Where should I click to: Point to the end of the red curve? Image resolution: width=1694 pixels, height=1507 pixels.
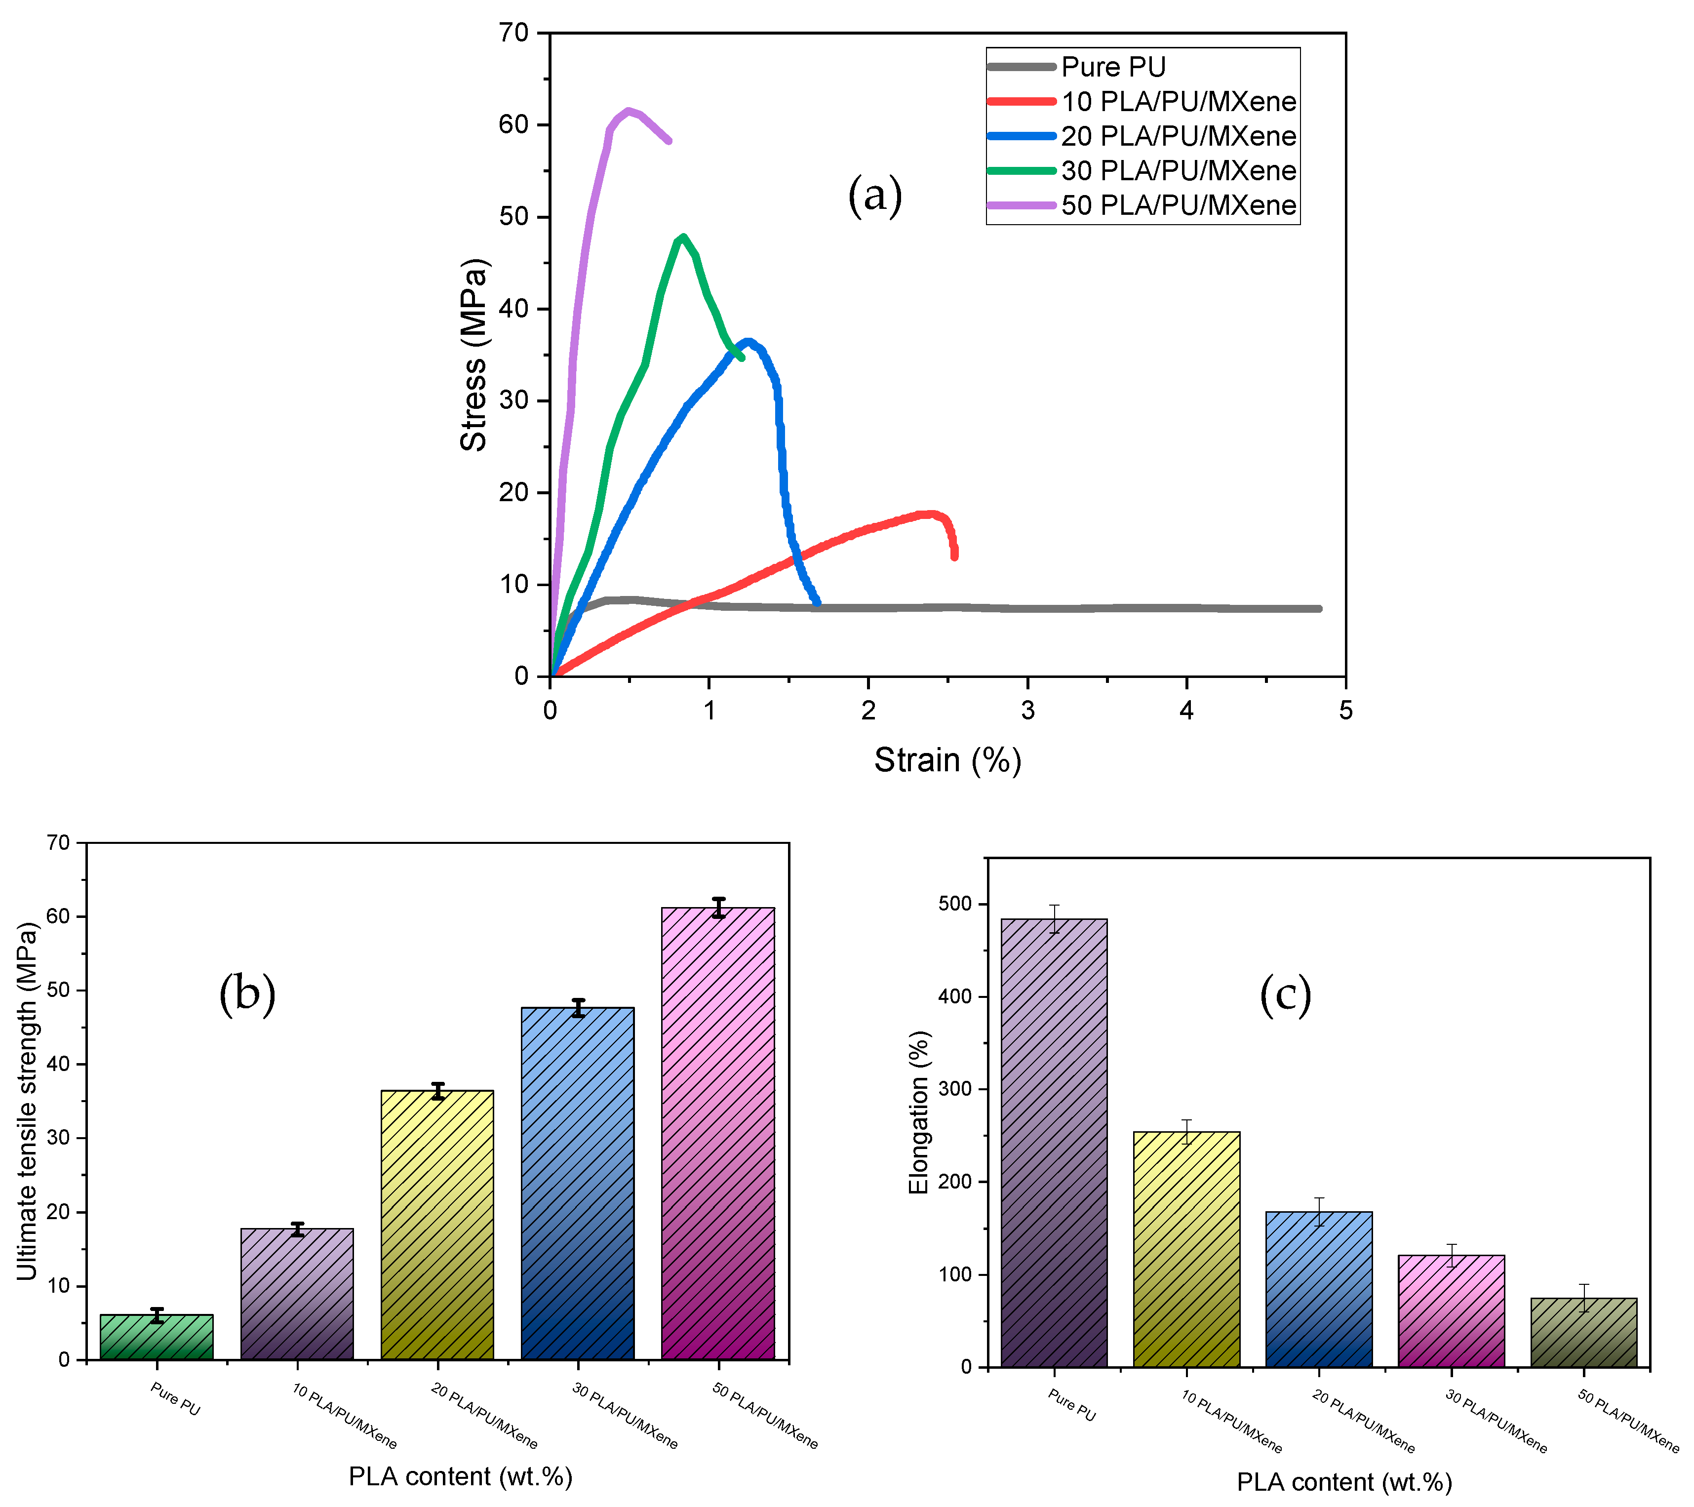pos(955,556)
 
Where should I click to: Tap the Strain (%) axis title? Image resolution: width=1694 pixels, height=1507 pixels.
pos(947,760)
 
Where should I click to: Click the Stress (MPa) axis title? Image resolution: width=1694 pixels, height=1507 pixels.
pos(474,355)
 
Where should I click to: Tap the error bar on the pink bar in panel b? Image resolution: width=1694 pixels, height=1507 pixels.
pos(718,907)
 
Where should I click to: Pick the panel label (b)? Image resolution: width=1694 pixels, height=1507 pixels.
pos(247,993)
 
